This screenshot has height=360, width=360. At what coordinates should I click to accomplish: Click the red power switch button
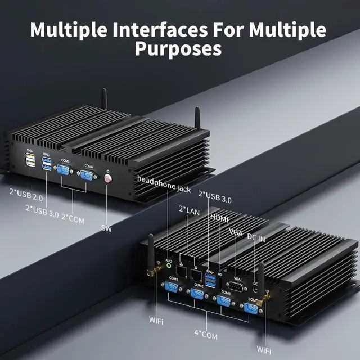[107, 180]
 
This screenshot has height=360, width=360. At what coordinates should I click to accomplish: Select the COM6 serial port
[87, 177]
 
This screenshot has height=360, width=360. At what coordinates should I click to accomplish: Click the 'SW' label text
[106, 228]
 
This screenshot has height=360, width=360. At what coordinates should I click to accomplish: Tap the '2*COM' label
[73, 219]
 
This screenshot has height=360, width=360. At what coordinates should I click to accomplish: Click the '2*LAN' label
[189, 209]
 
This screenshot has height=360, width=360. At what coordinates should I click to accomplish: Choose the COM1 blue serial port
[173, 287]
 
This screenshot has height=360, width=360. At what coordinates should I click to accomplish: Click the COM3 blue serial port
[225, 301]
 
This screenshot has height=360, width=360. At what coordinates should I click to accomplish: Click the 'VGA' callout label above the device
[236, 232]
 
